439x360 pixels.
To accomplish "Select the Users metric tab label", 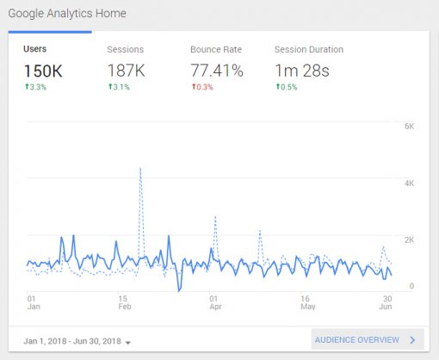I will pos(35,49).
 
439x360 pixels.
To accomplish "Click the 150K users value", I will pos(44,70).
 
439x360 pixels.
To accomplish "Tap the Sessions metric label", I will pos(125,49).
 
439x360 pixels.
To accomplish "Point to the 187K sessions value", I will pos(126,70).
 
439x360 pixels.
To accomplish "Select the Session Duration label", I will pos(308,49).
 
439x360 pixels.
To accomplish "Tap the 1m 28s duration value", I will pos(302,70).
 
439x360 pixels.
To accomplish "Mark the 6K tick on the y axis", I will pos(410,127).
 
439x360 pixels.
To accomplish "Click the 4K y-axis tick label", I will pos(410,183).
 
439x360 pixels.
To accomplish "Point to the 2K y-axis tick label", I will pos(410,239).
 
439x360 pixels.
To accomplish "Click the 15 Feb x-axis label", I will pos(123,301).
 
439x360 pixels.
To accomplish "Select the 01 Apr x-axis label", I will pos(214,301).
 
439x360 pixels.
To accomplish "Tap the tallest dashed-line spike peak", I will pos(140,168).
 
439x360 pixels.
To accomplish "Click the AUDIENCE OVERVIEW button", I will pos(368,339).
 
